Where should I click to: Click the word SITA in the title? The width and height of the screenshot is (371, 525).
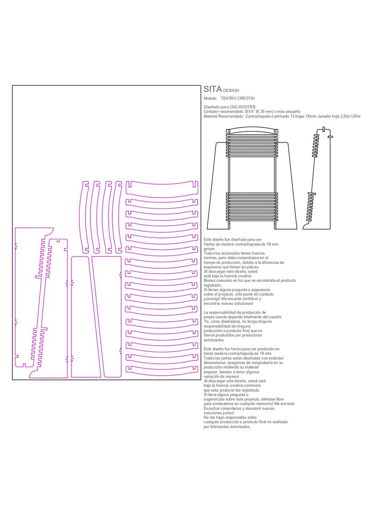tap(213, 89)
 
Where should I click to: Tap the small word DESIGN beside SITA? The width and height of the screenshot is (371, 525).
tap(231, 91)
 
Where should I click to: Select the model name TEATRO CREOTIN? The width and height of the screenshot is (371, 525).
tap(238, 99)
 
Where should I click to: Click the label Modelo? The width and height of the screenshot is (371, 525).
tap(210, 99)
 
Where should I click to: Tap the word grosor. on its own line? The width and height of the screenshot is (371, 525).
tap(210, 249)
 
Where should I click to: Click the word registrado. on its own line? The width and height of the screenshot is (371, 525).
tap(213, 285)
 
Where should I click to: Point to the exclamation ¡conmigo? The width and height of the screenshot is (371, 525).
tap(213, 299)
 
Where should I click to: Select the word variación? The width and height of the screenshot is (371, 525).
tap(212, 376)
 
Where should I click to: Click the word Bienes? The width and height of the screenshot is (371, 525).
tap(210, 281)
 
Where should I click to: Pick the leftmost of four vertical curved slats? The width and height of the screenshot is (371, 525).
tap(84, 217)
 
